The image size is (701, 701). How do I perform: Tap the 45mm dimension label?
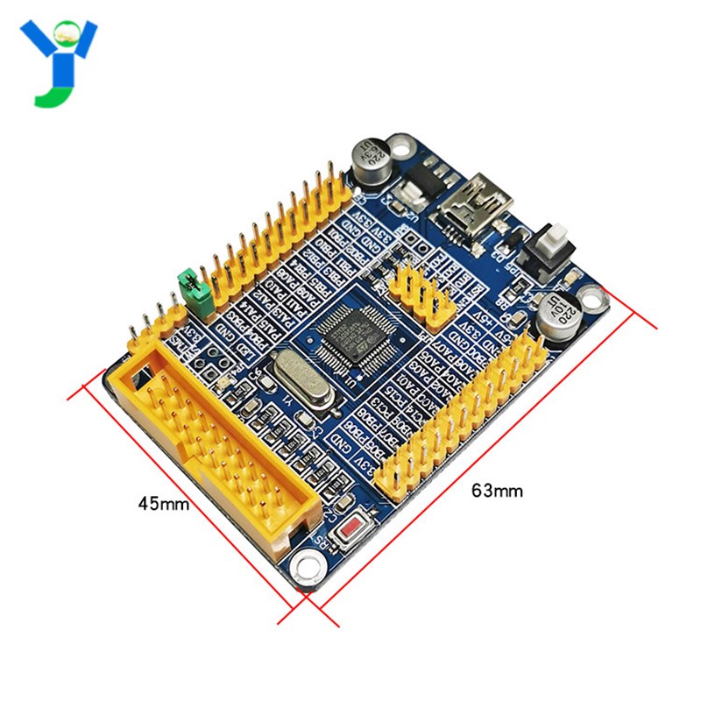163,504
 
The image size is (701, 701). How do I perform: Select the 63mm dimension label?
497,491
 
